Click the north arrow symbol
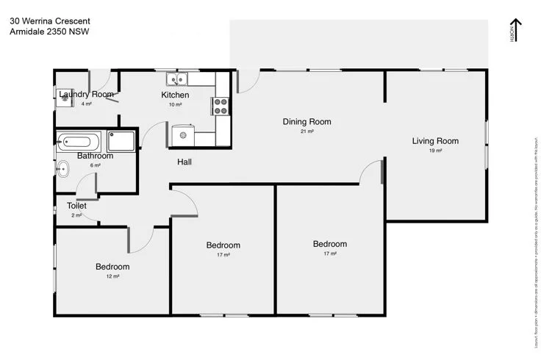[x=516, y=30]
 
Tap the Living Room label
[x=435, y=141]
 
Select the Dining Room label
[x=307, y=122]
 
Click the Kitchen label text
[x=175, y=95]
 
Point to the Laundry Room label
[x=87, y=94]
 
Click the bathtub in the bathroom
[x=78, y=141]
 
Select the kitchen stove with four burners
[x=221, y=107]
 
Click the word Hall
[x=184, y=162]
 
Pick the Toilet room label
[x=76, y=206]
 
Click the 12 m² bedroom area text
[x=112, y=276]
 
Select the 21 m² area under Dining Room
[x=307, y=132]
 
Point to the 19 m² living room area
[x=435, y=151]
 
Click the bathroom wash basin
[x=62, y=170]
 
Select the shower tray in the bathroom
[x=121, y=141]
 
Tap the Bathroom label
[x=96, y=156]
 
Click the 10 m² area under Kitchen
[x=175, y=104]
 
